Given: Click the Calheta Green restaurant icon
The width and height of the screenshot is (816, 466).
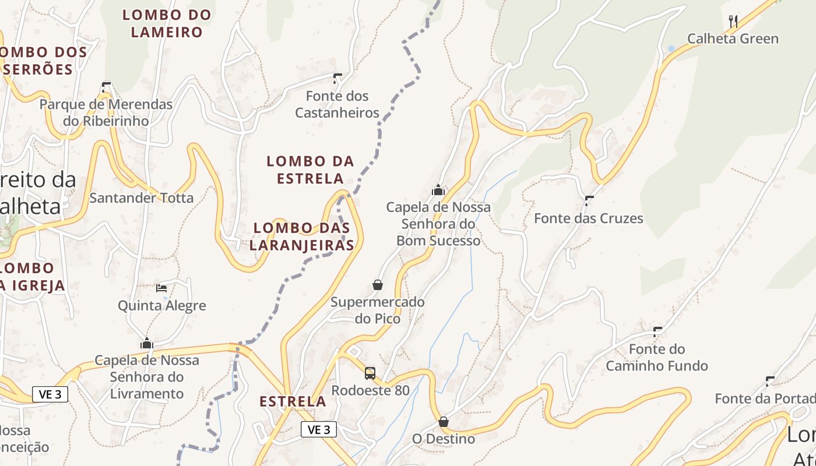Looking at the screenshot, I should click(733, 22).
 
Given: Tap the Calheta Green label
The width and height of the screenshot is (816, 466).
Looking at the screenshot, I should click(733, 39).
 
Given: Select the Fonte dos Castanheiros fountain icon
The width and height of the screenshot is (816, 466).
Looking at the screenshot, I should click(337, 78).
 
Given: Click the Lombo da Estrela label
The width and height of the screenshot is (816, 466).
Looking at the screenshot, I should click(310, 170).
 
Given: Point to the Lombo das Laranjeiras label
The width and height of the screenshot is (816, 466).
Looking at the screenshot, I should click(302, 236).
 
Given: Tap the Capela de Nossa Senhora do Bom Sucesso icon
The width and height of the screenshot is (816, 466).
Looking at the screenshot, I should click(438, 190).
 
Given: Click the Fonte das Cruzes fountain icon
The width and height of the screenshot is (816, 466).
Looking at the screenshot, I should click(589, 201).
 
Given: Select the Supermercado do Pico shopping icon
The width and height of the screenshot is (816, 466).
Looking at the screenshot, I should click(378, 285).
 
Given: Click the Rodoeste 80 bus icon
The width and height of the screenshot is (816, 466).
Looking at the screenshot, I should click(370, 373).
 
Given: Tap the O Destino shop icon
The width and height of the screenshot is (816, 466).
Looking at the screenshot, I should click(444, 421).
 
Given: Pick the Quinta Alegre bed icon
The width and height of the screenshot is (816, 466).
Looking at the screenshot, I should click(161, 288).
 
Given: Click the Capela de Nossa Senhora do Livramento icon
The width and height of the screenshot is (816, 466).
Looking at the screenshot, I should click(147, 343).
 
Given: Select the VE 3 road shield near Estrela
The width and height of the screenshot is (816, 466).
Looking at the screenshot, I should click(319, 430).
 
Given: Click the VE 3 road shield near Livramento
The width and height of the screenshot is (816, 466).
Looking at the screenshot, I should click(50, 394).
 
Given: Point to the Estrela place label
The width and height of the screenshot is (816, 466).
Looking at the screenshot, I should click(293, 401).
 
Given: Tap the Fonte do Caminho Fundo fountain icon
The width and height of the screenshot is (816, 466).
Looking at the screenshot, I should click(657, 332).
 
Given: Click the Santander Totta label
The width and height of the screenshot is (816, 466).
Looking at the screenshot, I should click(141, 198).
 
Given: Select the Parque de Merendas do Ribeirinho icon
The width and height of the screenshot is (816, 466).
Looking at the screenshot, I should click(106, 87).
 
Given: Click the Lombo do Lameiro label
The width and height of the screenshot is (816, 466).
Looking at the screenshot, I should click(166, 23).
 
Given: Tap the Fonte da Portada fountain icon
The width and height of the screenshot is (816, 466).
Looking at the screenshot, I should click(770, 382).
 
